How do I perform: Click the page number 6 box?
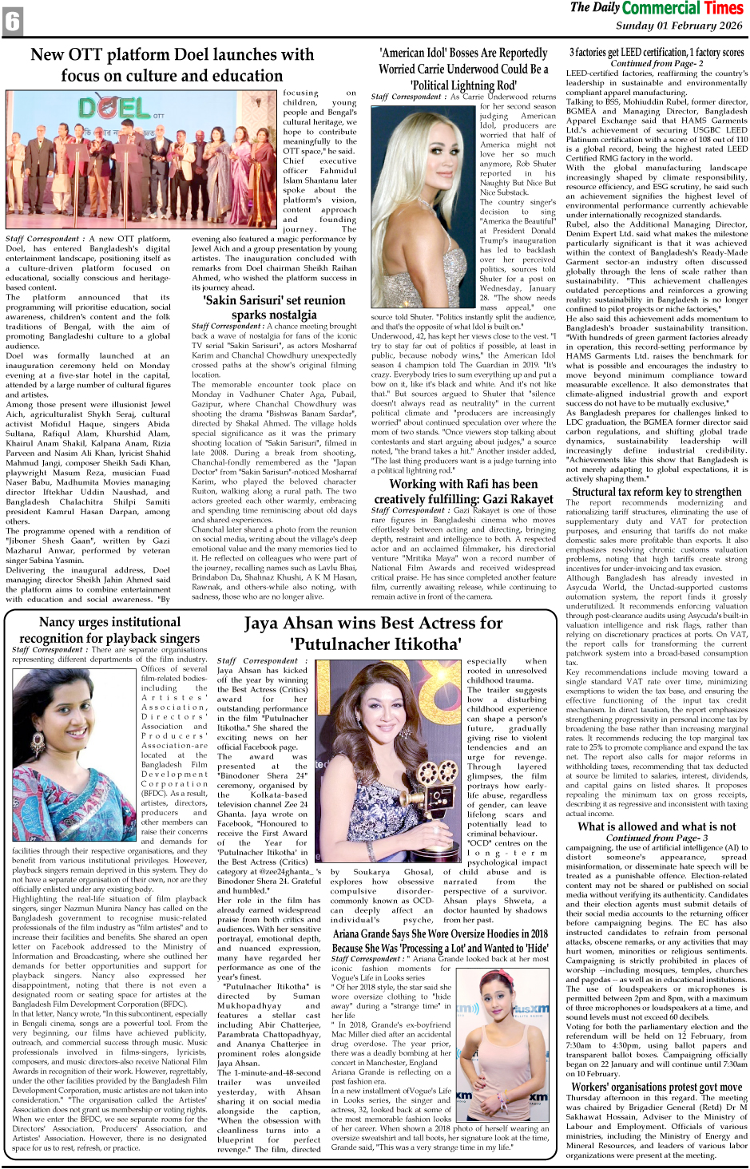[13, 22]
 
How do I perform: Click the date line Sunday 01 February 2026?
[679, 26]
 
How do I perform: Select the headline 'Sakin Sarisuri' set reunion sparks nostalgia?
[274, 307]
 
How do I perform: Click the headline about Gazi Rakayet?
[463, 492]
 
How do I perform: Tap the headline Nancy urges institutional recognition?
[110, 630]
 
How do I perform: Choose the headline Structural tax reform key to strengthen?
[657, 492]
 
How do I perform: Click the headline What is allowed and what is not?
[657, 826]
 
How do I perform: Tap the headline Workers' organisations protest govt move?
[657, 1087]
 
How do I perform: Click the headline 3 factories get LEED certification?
[657, 52]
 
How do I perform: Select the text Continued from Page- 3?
[657, 838]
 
